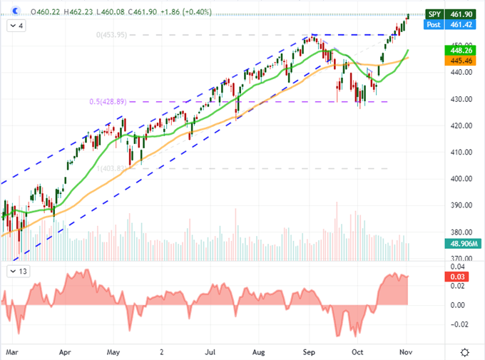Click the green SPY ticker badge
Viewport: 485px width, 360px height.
coord(434,14)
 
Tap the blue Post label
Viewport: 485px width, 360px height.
coord(434,24)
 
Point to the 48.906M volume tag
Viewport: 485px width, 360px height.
coord(460,244)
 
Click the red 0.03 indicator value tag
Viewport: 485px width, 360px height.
coord(456,277)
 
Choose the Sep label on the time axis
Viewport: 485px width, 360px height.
coord(310,351)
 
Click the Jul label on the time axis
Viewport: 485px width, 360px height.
coord(211,351)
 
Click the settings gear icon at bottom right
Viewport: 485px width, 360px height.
coord(465,351)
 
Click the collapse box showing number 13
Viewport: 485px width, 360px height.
coord(19,272)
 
